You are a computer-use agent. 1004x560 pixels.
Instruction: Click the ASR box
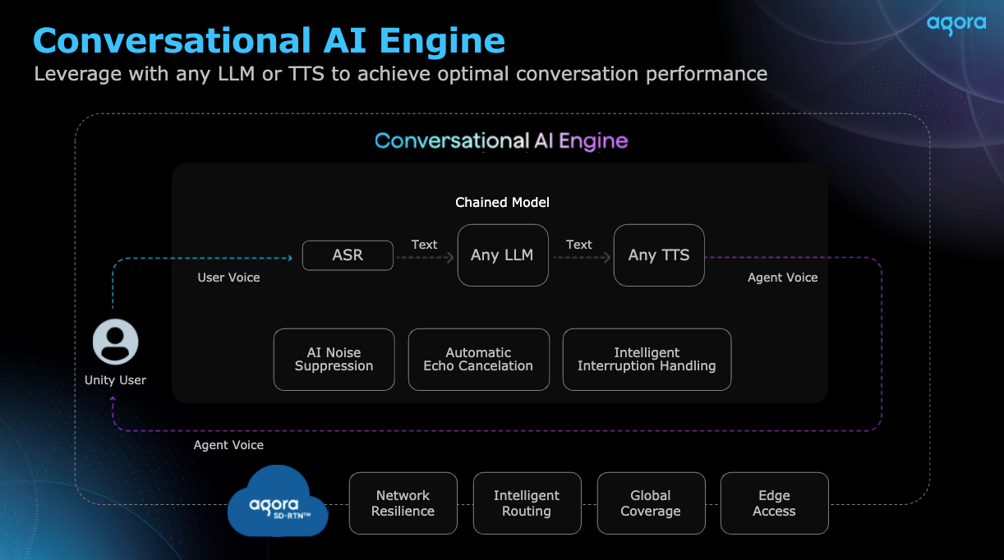pyautogui.click(x=348, y=255)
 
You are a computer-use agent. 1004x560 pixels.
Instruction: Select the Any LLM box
pyautogui.click(x=503, y=255)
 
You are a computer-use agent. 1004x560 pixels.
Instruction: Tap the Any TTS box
pyautogui.click(x=659, y=255)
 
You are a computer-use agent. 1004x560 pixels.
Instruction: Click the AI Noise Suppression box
pyautogui.click(x=334, y=360)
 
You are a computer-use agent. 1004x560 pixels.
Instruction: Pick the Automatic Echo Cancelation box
pyautogui.click(x=479, y=360)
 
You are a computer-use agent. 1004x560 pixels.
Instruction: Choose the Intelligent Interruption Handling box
pyautogui.click(x=647, y=360)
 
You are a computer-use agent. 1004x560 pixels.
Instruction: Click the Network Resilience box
pyautogui.click(x=403, y=503)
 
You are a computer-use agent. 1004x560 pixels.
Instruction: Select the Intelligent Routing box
pyautogui.click(x=527, y=503)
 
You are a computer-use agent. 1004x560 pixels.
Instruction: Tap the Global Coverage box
pyautogui.click(x=651, y=503)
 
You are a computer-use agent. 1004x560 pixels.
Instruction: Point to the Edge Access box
pyautogui.click(x=775, y=503)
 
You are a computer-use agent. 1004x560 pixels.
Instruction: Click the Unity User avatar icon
pyautogui.click(x=115, y=342)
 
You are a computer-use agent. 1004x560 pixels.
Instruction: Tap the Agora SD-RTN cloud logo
pyautogui.click(x=278, y=501)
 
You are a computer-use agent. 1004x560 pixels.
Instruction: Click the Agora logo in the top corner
pyautogui.click(x=956, y=25)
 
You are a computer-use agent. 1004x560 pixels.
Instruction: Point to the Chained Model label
pyautogui.click(x=502, y=203)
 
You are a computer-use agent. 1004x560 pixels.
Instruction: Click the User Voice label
pyautogui.click(x=228, y=278)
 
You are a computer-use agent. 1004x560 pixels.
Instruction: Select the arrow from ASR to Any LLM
pyautogui.click(x=426, y=258)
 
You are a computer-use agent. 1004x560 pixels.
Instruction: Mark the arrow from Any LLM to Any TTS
pyautogui.click(x=582, y=258)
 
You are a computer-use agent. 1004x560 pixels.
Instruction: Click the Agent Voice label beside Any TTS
pyautogui.click(x=783, y=278)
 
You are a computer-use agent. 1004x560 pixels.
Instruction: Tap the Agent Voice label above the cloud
pyautogui.click(x=228, y=445)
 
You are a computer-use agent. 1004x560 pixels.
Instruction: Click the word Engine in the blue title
pyautogui.click(x=442, y=42)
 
